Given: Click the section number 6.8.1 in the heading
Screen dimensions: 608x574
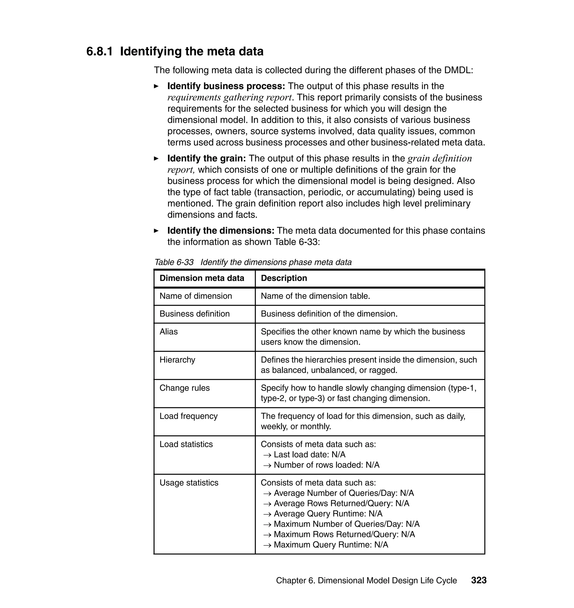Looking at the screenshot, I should (99, 51).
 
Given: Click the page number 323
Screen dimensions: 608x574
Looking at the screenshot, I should (478, 580).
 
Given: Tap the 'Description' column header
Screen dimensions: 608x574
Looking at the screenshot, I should (284, 278).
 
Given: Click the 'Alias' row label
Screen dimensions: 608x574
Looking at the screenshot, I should (169, 331).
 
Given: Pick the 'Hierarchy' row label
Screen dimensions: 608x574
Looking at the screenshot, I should (177, 360).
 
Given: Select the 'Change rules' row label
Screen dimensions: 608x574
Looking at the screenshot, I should (184, 388).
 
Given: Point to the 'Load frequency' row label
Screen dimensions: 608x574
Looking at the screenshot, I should (188, 416).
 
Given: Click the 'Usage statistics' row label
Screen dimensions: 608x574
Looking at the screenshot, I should (189, 483).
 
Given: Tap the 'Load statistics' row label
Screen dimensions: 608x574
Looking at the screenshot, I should (186, 444).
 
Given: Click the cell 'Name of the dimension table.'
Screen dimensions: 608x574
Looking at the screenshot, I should (315, 296).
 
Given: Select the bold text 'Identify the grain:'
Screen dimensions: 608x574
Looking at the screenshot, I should (207, 158).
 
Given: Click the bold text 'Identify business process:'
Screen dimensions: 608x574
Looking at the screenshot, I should (226, 86).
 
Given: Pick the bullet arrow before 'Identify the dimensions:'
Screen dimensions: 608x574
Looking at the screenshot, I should (156, 231).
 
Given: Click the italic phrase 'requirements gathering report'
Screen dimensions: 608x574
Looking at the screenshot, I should (229, 98).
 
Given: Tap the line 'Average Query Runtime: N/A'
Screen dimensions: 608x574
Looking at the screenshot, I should (328, 514).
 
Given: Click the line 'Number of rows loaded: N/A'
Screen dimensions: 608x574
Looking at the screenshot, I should (326, 465).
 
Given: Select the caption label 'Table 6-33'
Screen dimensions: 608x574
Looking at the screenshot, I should (174, 262).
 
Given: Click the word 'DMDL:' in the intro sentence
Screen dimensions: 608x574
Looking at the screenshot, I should (459, 70).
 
